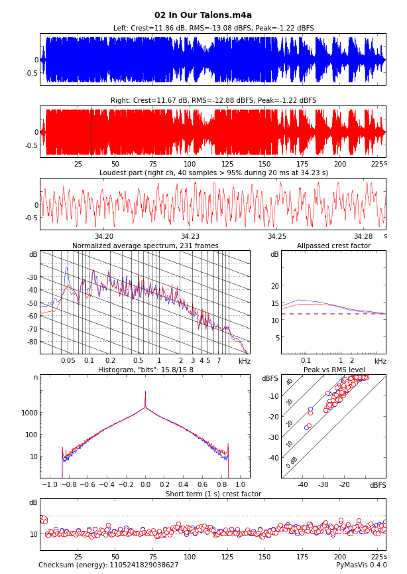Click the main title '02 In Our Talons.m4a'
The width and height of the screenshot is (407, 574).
(203, 15)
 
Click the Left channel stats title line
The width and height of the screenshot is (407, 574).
(213, 29)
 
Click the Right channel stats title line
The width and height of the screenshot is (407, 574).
(213, 101)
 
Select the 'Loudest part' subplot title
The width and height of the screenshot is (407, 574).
(213, 173)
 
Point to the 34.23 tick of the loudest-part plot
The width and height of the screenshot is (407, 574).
(190, 236)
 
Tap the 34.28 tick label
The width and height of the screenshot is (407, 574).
(363, 236)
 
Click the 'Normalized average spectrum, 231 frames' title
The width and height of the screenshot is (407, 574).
(145, 246)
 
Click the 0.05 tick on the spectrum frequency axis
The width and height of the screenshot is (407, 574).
(68, 360)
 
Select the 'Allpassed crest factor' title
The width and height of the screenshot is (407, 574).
(333, 246)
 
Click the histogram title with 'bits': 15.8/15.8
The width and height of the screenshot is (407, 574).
(145, 370)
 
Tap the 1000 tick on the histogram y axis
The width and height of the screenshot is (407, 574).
(29, 413)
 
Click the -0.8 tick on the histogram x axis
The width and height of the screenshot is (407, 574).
(69, 485)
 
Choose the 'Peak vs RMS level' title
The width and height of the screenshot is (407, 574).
(333, 370)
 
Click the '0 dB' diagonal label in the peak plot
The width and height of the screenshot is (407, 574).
(292, 462)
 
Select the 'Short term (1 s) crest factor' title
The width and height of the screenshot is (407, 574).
(213, 494)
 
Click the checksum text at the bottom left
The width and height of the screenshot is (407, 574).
(108, 565)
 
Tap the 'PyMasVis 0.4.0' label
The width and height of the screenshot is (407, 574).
(361, 565)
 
